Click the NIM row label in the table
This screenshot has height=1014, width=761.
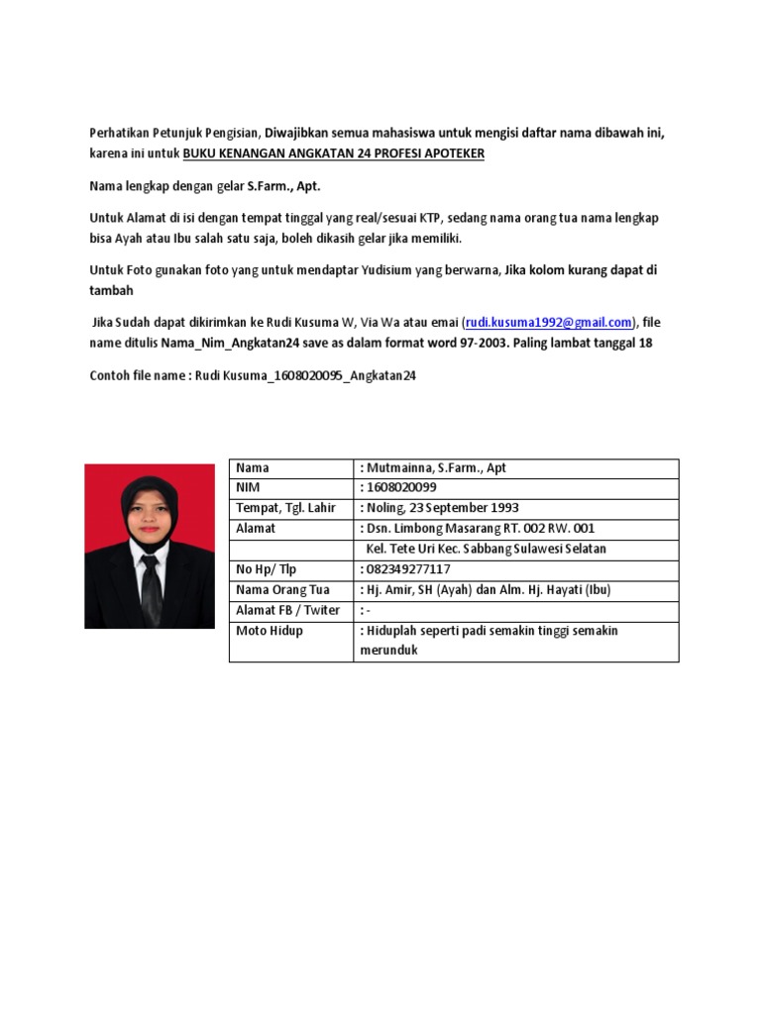[247, 487]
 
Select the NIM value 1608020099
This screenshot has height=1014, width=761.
[402, 487]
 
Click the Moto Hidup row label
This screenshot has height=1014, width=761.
[270, 631]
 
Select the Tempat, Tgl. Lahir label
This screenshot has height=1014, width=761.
[286, 508]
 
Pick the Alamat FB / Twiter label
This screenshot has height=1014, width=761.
[288, 610]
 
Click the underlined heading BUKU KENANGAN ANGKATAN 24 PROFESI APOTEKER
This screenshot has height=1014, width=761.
[334, 155]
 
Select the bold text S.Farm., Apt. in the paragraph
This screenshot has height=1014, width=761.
[286, 185]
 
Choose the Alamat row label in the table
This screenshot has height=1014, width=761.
[256, 529]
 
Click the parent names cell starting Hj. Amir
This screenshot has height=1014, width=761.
[489, 589]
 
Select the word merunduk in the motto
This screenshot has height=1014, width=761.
[388, 651]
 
